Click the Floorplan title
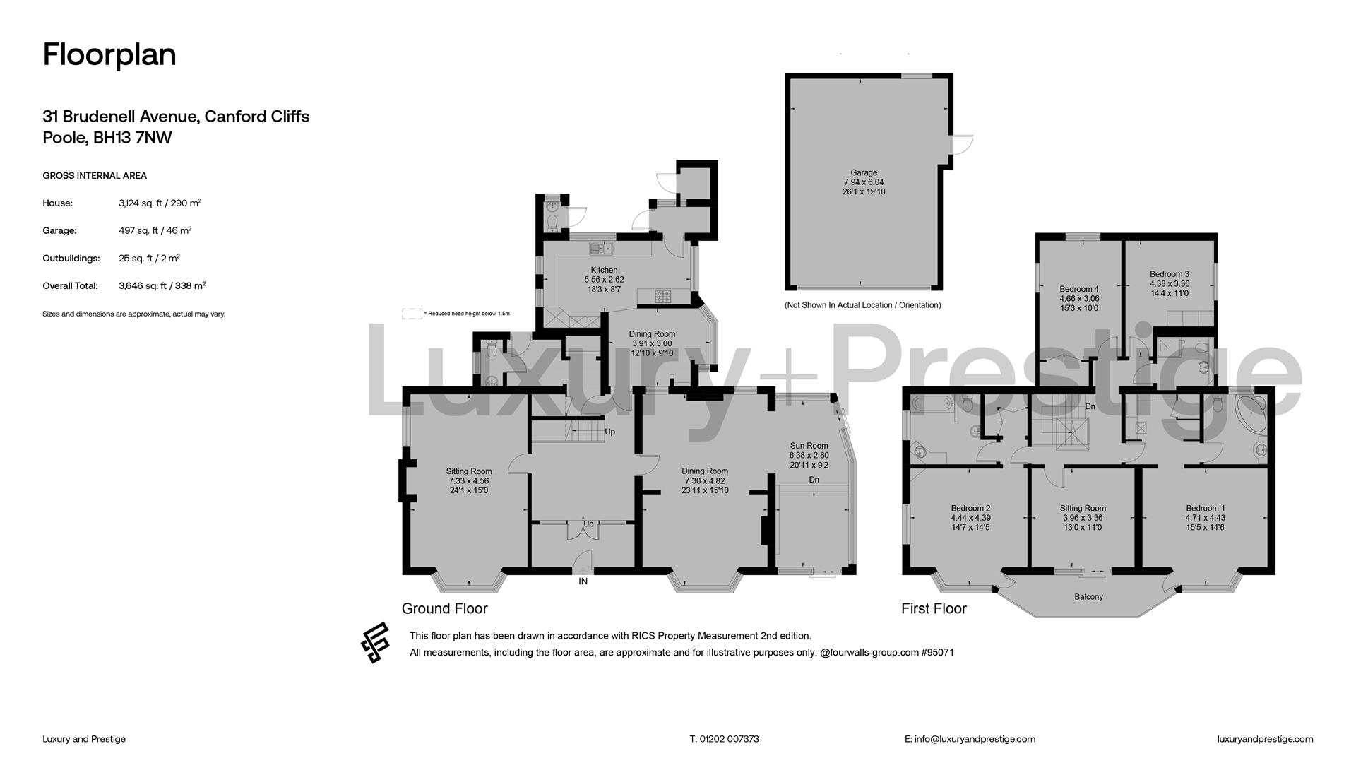[x=109, y=55]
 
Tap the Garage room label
[x=864, y=172]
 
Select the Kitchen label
[x=604, y=270]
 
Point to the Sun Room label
[x=809, y=446]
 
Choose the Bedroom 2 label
[x=970, y=508]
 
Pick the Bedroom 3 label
[x=1170, y=274]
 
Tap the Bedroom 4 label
[x=1079, y=289]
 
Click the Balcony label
[x=1088, y=597]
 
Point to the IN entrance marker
[x=583, y=581]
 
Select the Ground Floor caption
[x=444, y=608]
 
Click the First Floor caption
[x=934, y=608]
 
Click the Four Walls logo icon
[x=375, y=643]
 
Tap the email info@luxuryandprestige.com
[x=975, y=739]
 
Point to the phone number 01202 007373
[x=730, y=739]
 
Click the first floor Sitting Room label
[x=1083, y=508]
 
